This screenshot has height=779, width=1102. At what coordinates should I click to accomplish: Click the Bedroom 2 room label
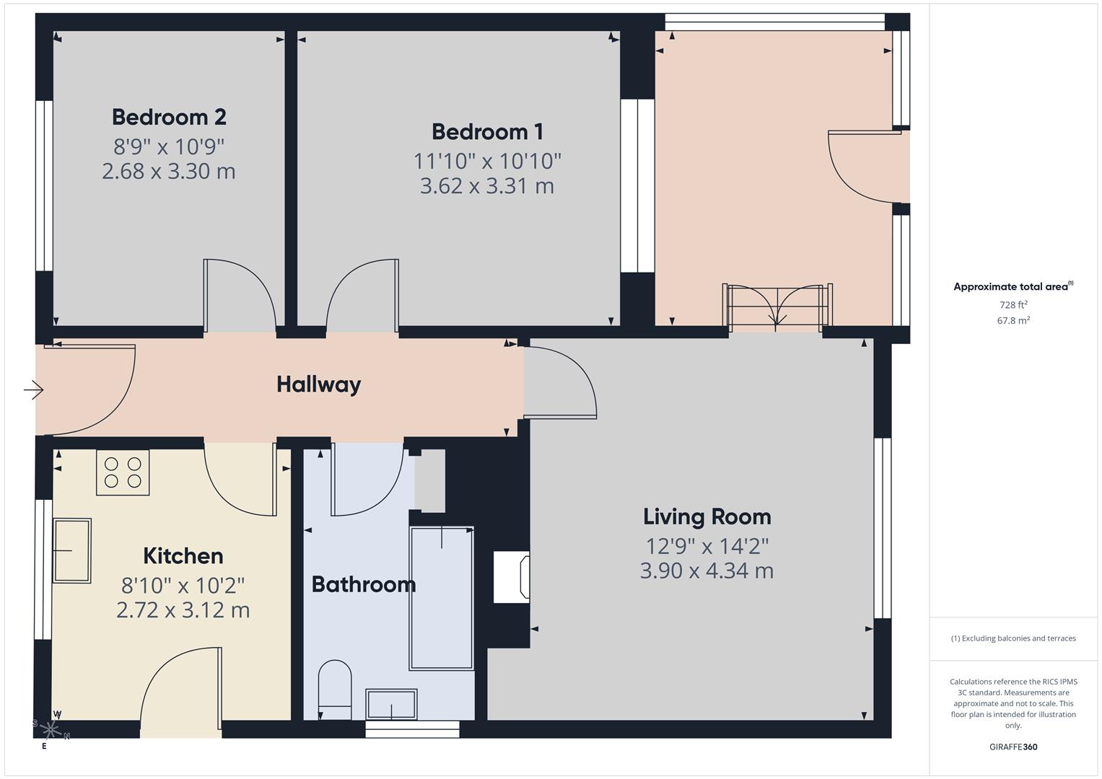point(169,117)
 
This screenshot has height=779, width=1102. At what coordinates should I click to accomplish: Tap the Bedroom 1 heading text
point(487,132)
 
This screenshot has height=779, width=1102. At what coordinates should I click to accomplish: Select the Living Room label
point(707,516)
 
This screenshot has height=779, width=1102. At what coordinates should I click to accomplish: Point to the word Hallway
point(318,384)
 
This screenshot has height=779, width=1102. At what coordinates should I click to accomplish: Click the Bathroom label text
point(363,584)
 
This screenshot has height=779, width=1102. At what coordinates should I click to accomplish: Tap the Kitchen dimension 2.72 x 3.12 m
point(183,610)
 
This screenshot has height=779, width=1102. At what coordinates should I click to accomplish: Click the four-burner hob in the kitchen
point(123,472)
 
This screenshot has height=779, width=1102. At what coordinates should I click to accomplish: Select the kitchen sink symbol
point(72,550)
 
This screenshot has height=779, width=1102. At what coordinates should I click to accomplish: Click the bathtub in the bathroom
point(441,598)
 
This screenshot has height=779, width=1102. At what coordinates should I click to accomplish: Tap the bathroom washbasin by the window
point(391,704)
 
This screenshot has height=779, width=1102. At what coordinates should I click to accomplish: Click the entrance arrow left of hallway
point(33,390)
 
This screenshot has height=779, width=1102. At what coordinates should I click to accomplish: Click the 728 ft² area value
point(1013,305)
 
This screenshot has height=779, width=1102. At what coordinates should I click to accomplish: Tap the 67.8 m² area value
point(1013,320)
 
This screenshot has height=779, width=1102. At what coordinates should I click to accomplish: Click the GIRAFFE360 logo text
point(1013,747)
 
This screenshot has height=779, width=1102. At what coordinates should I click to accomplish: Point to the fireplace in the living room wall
point(512,577)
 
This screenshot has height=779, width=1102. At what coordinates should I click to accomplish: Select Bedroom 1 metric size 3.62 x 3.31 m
point(487,186)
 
